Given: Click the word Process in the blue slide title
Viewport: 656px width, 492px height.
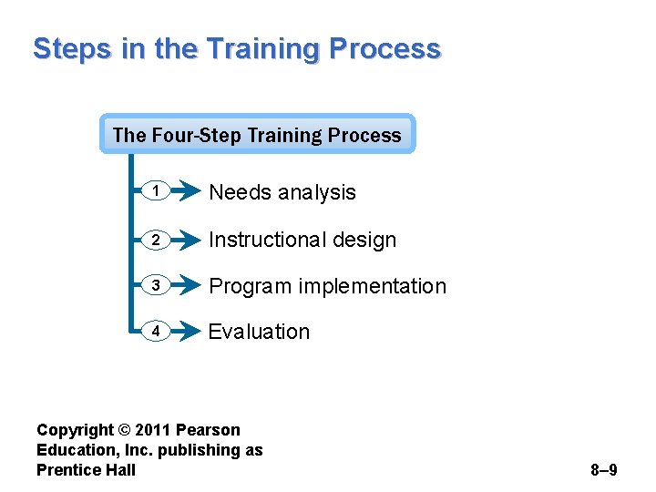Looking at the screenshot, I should (386, 48).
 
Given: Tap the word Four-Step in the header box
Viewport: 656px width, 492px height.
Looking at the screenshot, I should (195, 136).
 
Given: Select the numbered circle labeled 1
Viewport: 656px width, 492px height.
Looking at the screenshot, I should (156, 192).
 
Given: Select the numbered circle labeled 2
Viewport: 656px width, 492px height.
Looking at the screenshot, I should (156, 240).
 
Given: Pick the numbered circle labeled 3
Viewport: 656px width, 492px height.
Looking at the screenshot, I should (156, 286).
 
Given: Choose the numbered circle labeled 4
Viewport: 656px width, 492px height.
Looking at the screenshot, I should (156, 332).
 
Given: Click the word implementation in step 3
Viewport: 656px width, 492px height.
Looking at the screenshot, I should (374, 286).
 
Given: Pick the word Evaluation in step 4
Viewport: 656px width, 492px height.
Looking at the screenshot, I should (259, 332).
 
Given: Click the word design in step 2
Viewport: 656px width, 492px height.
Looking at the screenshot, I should (365, 240).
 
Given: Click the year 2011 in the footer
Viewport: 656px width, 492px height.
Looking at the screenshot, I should (154, 430).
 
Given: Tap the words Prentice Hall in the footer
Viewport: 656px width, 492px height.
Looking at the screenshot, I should (86, 470).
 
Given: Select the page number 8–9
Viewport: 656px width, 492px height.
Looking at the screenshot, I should (603, 470).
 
